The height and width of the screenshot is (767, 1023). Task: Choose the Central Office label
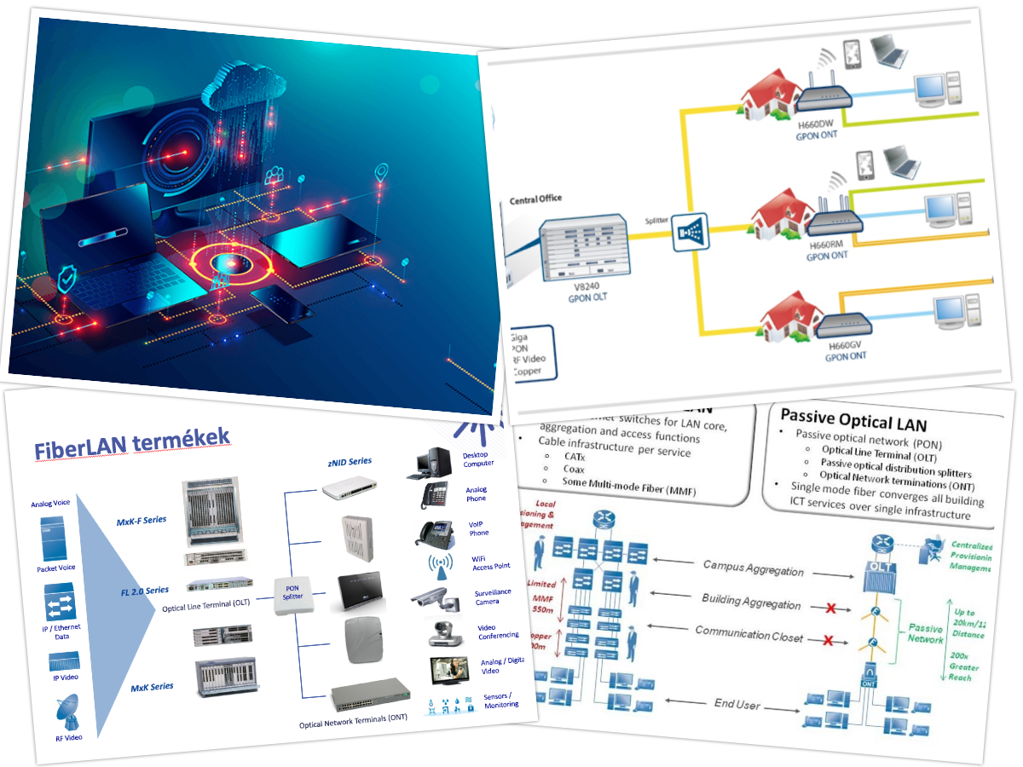pos(535,199)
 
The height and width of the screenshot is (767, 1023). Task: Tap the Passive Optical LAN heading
pos(852,419)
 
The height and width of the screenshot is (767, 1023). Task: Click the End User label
pos(737,705)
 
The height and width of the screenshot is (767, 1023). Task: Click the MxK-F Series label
pos(142,520)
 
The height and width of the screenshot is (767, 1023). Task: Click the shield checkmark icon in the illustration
pos(69,278)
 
